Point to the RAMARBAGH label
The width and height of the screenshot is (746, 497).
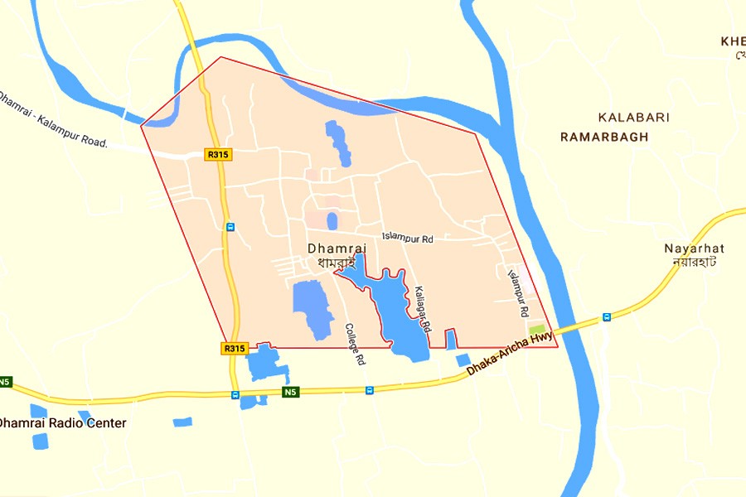[604, 137]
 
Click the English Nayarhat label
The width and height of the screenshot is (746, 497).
[694, 248]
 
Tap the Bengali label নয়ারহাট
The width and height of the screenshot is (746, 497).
[694, 262]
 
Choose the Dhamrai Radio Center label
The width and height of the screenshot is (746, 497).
[63, 423]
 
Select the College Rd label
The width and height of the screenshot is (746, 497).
[355, 344]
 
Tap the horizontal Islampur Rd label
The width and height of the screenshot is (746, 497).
[408, 239]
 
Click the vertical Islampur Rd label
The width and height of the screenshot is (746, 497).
[517, 294]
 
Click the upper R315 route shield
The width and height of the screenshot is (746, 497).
[217, 154]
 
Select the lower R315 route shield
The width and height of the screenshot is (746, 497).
[235, 349]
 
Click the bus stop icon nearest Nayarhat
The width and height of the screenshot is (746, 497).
[606, 316]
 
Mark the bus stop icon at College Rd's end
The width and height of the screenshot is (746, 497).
[369, 389]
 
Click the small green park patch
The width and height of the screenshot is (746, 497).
[537, 331]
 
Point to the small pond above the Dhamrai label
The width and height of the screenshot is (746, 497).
[332, 221]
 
